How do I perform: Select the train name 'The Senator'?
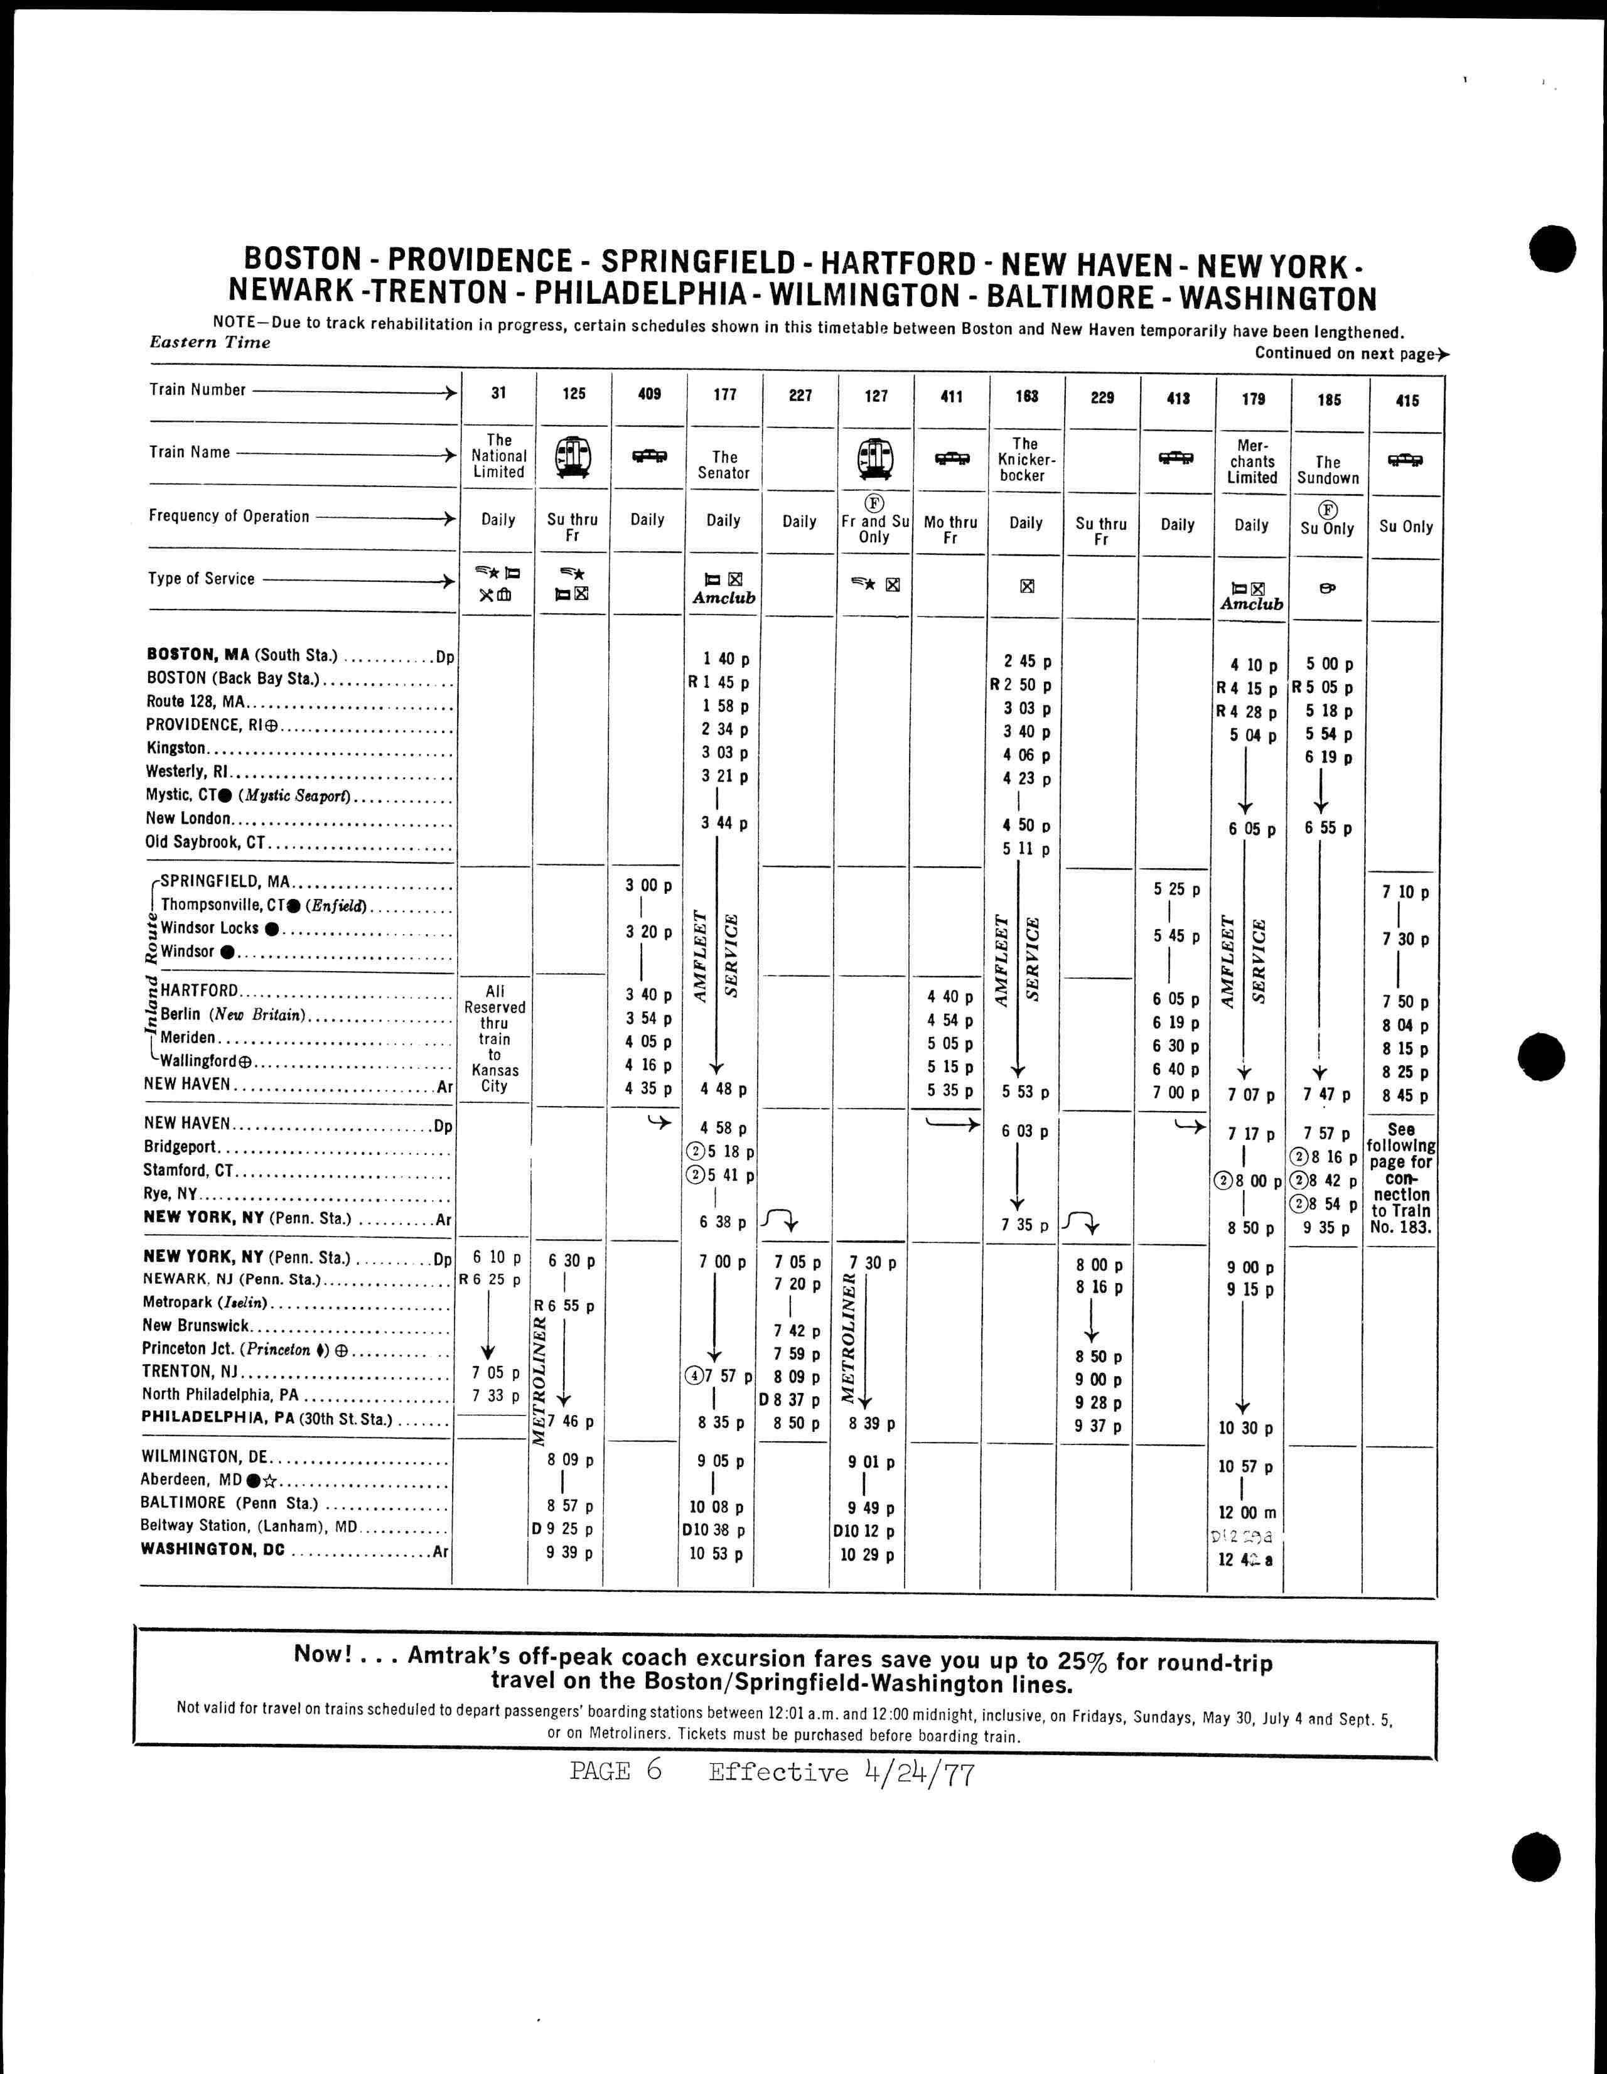click(724, 465)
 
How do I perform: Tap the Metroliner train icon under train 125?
click(572, 457)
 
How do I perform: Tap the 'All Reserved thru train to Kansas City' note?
click(495, 1038)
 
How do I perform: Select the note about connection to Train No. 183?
click(1401, 1178)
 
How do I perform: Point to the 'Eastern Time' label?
click(210, 343)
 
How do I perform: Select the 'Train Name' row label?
click(189, 452)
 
